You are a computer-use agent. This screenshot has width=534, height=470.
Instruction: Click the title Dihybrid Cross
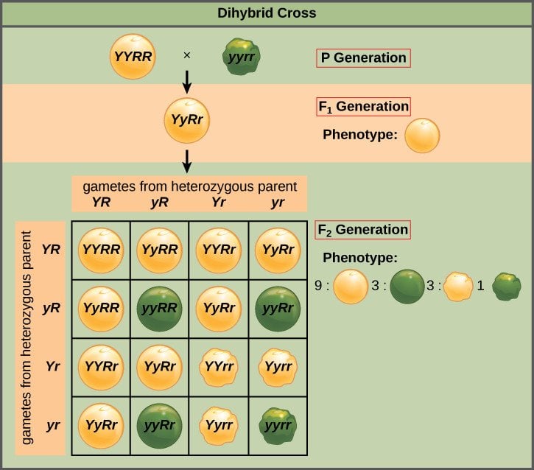pos(267,13)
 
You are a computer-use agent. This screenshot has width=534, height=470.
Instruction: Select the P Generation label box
pos(363,57)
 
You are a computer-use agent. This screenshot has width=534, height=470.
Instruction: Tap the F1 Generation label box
pos(363,106)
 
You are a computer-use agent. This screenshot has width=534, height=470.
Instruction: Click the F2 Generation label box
pos(363,229)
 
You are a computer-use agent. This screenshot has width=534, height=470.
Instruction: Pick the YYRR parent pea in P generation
pos(133,57)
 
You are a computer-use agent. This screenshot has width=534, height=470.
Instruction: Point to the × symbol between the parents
pos(186,56)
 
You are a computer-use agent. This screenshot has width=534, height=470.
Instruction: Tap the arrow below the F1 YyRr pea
pos(187,160)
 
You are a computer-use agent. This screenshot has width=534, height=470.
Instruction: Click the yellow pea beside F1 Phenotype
pos(423,136)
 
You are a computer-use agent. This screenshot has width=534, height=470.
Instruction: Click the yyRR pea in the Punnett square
pos(160,307)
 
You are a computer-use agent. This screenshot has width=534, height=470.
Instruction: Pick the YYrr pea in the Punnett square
pos(219,366)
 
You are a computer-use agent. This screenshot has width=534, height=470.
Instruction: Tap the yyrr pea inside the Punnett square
pos(278,425)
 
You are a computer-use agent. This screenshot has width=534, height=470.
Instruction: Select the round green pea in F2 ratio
pos(407,286)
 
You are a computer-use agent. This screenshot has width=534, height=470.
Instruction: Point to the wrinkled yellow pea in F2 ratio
pos(458,286)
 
